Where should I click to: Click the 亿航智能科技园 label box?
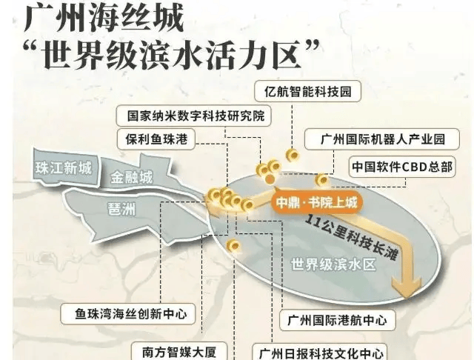click(308, 91)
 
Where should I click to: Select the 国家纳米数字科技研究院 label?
click(194, 116)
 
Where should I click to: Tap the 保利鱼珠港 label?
click(156, 139)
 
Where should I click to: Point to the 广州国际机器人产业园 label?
click(382, 139)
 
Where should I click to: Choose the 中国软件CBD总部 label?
click(402, 167)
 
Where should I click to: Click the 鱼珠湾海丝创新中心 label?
click(128, 314)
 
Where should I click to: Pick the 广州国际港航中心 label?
click(338, 320)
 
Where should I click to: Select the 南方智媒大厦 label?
click(179, 351)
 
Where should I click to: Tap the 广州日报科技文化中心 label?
click(319, 353)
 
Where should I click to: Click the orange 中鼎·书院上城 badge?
click(316, 202)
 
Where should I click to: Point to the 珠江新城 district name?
click(64, 167)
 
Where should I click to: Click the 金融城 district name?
click(131, 178)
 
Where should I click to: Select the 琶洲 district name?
click(121, 209)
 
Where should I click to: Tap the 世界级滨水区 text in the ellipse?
click(333, 264)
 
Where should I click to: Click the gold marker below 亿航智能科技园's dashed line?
click(293, 156)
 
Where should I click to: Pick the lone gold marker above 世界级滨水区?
click(233, 245)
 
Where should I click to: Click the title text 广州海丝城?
click(104, 19)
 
